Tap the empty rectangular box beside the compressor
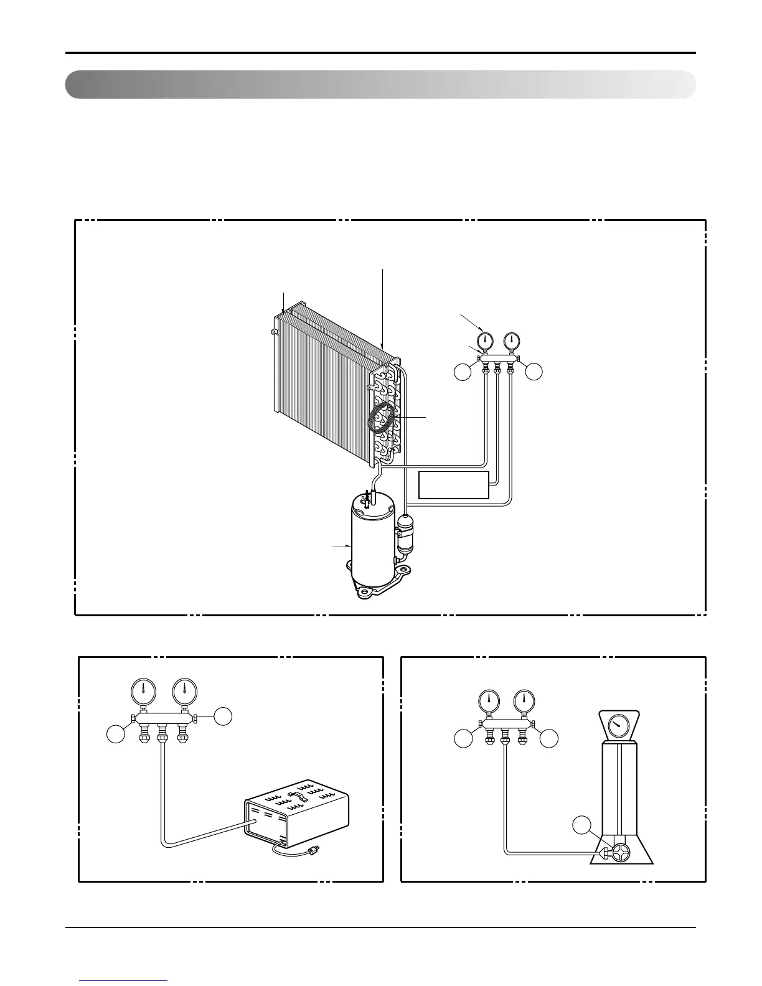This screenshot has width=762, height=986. tap(454, 485)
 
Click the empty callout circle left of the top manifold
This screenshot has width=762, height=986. tap(462, 372)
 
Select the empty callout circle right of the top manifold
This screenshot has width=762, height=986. tap(534, 372)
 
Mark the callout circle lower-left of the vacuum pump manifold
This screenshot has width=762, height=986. tap(115, 735)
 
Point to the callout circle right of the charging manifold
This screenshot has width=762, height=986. tap(549, 739)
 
